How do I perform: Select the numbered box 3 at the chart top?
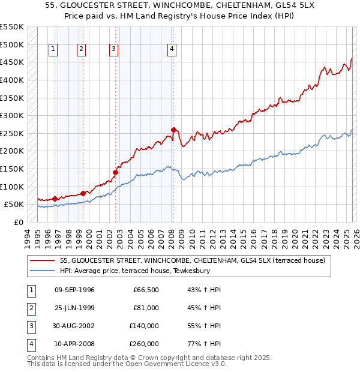click(x=114, y=49)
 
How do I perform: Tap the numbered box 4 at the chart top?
click(x=172, y=49)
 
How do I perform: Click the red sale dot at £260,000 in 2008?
click(x=173, y=130)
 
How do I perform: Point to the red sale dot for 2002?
click(x=116, y=172)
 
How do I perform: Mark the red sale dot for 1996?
click(x=55, y=199)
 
